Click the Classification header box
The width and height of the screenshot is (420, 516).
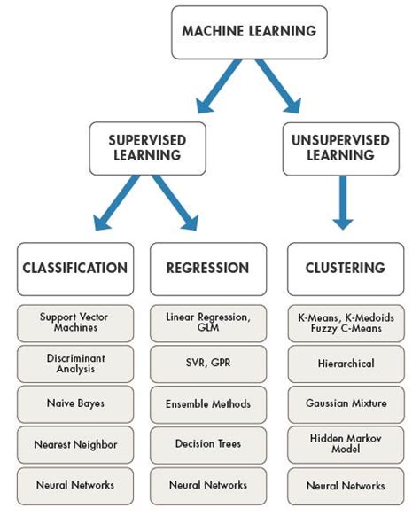pos(74,268)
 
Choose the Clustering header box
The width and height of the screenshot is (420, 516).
pos(345,268)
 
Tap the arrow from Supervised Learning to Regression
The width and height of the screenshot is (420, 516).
pos(175,203)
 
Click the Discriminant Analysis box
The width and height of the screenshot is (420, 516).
pos(74,364)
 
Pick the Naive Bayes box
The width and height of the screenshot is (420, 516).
pos(74,403)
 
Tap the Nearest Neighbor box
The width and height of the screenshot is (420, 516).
pos(74,444)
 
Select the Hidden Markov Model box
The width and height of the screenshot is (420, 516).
pos(345,444)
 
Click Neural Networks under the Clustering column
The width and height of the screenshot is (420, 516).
pos(345,486)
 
